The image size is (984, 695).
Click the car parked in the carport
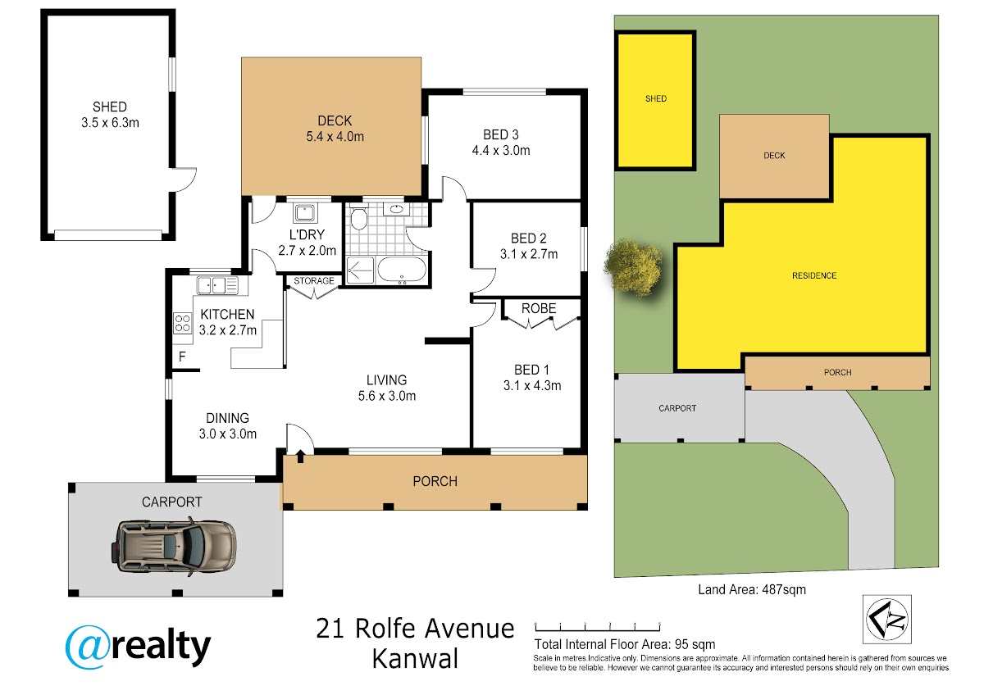(x=174, y=546)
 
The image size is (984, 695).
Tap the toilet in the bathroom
(x=359, y=217)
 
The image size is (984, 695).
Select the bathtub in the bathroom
(x=402, y=269)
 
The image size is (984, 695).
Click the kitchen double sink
(x=217, y=285)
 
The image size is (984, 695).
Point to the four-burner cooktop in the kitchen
(x=182, y=323)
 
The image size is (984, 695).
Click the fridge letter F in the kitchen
(x=182, y=357)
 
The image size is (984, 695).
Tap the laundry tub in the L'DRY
(x=304, y=213)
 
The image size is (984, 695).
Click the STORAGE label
(x=313, y=280)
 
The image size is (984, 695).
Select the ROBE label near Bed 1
(x=539, y=308)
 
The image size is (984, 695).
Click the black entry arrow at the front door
(x=300, y=457)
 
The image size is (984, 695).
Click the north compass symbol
(x=887, y=620)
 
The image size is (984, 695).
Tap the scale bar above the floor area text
(x=598, y=626)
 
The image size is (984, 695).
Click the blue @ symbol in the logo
(x=87, y=647)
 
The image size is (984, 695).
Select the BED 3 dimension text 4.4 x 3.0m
(x=501, y=151)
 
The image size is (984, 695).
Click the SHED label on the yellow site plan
(x=656, y=99)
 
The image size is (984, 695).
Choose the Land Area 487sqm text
(x=752, y=589)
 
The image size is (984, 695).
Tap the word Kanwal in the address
(x=415, y=659)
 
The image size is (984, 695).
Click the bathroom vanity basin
(x=396, y=208)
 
